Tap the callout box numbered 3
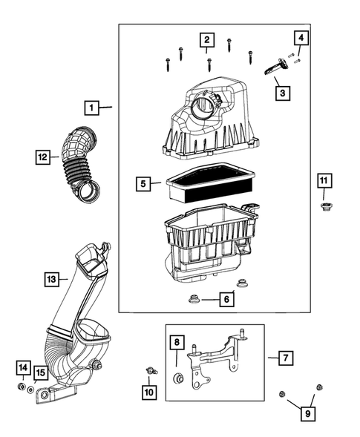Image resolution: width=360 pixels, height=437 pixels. [x=281, y=93]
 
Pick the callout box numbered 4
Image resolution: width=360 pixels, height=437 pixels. [x=301, y=37]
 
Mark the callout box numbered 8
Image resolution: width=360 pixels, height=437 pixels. [x=177, y=343]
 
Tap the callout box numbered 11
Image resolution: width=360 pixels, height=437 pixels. [x=324, y=180]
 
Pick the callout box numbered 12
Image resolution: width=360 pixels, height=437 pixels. [x=44, y=157]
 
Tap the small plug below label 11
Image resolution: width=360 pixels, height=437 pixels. [x=324, y=206]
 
